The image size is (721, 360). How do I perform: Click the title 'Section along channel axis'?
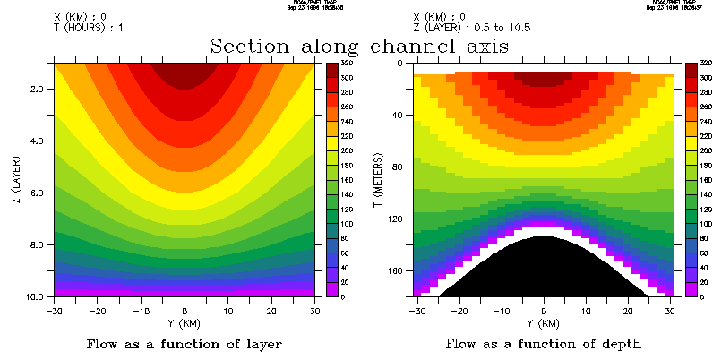point(359,46)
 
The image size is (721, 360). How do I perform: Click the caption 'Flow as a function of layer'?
point(184,343)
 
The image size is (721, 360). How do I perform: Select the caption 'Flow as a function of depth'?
point(543,343)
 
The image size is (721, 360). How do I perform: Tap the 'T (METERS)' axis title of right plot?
point(378,179)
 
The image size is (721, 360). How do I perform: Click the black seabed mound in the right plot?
point(544,269)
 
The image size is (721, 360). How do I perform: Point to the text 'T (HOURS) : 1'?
point(89,27)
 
